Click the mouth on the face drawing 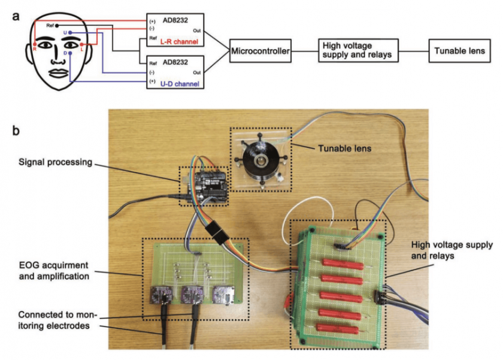[x=57, y=72]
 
